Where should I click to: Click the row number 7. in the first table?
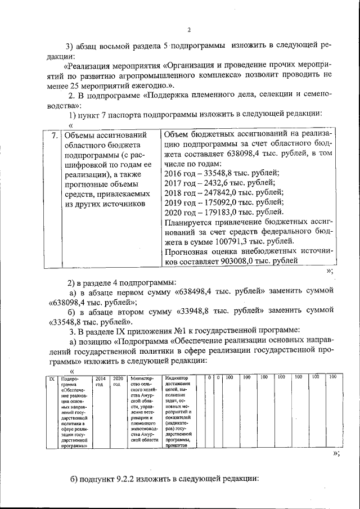click(53, 135)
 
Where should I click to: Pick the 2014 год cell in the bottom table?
click(100, 381)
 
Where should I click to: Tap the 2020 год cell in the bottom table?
click(118, 381)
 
